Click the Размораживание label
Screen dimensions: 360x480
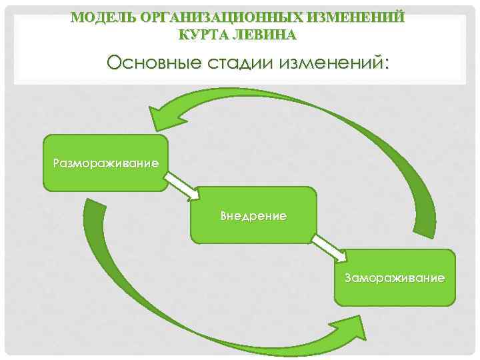(x=106, y=163)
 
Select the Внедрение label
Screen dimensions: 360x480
(x=253, y=216)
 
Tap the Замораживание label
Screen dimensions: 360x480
(x=395, y=277)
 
